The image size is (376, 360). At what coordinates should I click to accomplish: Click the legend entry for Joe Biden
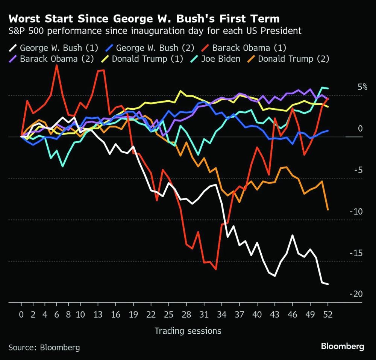tap(220, 59)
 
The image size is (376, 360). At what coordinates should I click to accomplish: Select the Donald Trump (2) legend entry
tap(293, 59)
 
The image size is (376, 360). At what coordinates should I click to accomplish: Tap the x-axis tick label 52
tap(328, 314)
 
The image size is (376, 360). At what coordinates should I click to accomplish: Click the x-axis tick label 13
tap(98, 314)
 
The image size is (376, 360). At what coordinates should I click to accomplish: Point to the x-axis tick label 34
tap(221, 314)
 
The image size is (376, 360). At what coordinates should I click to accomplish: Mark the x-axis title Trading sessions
tap(188, 331)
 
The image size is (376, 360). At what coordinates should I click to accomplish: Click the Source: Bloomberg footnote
tap(44, 347)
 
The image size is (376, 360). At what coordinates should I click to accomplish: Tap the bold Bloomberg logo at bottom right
tap(343, 346)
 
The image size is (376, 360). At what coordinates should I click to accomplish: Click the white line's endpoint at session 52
tap(328, 284)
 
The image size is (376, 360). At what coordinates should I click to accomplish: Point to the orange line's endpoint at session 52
tap(328, 210)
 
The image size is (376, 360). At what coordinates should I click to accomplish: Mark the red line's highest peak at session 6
tap(56, 65)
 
